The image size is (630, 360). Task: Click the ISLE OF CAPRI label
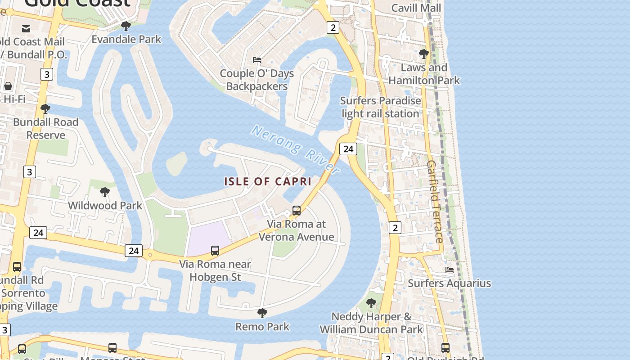click(268, 181)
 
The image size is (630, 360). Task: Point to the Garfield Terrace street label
click(435, 201)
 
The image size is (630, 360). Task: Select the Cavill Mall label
click(416, 8)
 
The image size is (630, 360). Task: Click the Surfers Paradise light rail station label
click(381, 107)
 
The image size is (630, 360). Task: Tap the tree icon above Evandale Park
click(126, 26)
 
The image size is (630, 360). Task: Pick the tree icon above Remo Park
click(262, 313)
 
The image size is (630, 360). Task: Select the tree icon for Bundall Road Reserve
click(45, 109)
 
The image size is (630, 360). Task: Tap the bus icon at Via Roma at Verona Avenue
click(297, 210)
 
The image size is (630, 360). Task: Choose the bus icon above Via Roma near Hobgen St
click(215, 251)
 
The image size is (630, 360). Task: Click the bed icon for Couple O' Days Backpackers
click(257, 60)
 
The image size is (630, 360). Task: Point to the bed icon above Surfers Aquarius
click(449, 270)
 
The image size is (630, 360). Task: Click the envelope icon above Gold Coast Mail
click(26, 29)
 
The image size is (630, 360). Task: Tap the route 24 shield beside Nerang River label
click(348, 149)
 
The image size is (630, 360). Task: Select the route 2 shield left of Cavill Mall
click(333, 28)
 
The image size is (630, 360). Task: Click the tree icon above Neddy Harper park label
click(371, 303)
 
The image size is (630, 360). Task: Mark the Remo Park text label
click(262, 327)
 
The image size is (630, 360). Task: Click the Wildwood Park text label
click(105, 206)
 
